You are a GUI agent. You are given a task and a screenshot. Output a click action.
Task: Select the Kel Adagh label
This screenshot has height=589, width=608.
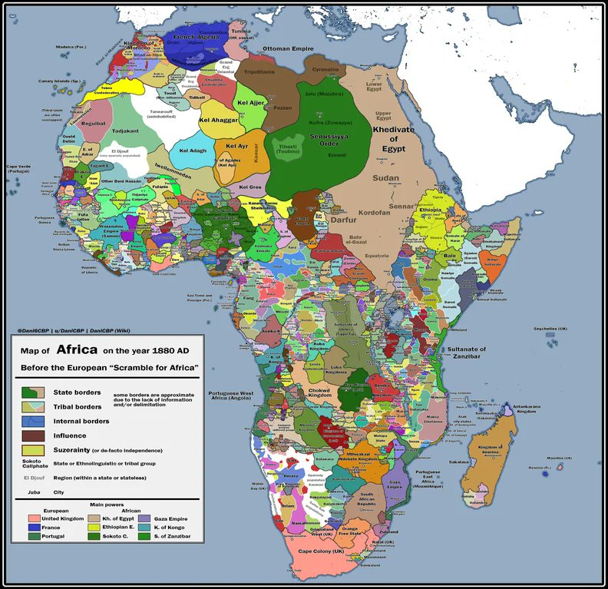click(x=193, y=151)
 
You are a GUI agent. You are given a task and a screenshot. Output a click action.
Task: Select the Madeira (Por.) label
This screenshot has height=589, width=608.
click(x=70, y=47)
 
